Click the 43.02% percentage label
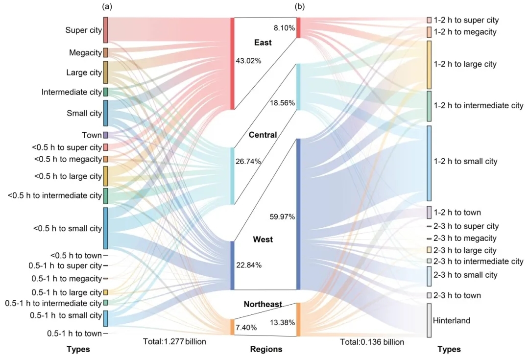point(248,61)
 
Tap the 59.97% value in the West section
point(282,216)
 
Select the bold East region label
point(263,43)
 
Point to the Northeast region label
point(263,304)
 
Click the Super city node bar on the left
point(106,30)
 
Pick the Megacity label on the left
point(85,52)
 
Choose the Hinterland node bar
point(429,320)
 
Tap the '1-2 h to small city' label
point(465,161)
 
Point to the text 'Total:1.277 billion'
point(174,341)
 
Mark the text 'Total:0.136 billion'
point(372,342)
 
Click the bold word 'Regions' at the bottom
point(266,349)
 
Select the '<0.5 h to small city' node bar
point(106,228)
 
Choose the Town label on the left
point(92,135)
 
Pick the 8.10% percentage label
point(285,28)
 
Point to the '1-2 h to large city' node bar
point(429,65)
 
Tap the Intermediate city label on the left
point(72,92)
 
